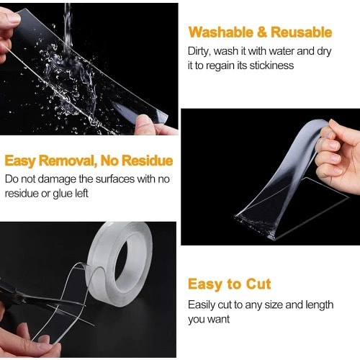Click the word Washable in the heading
tap(220, 32)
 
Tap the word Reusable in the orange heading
tap(302, 32)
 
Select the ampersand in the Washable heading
tap(262, 32)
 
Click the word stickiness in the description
tap(271, 66)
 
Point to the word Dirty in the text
tap(199, 51)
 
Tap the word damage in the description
tap(57, 180)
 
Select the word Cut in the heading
tap(258, 284)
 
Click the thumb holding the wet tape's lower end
tap(143, 123)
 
